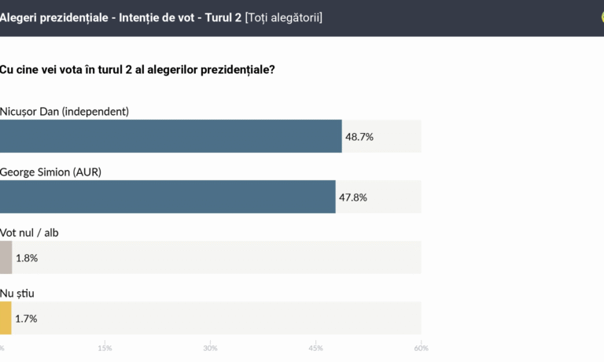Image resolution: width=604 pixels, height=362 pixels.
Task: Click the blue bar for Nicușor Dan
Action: [171, 136]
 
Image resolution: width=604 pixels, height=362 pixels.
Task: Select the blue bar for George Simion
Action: [168, 197]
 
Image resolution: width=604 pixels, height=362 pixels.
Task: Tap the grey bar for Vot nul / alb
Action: [6, 257]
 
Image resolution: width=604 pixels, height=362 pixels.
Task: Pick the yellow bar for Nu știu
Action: [6, 318]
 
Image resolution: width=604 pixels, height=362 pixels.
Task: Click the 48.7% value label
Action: [359, 137]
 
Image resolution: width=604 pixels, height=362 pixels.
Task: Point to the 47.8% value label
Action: [353, 198]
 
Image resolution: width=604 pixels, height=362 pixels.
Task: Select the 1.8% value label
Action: [27, 258]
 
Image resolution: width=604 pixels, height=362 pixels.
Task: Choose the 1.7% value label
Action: [26, 319]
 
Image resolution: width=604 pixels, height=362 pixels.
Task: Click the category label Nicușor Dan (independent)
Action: [64, 111]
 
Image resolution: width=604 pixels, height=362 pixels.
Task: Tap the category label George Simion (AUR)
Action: [51, 172]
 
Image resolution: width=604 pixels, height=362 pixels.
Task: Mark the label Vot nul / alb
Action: [29, 232]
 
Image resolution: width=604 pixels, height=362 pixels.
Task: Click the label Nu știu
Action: [17, 293]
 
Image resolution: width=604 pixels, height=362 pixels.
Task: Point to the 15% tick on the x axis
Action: [105, 348]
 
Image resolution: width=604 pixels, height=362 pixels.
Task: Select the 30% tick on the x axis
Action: [210, 348]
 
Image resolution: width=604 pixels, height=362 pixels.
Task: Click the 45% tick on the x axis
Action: [315, 348]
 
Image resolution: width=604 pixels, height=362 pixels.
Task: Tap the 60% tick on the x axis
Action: [421, 348]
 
